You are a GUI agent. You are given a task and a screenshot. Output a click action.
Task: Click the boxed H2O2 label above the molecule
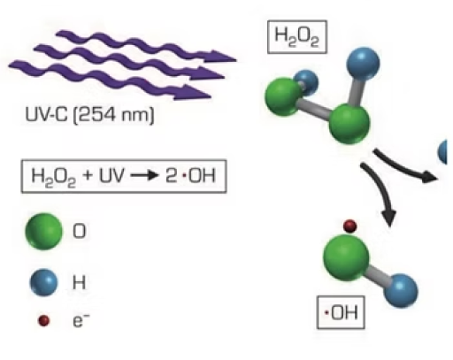297,37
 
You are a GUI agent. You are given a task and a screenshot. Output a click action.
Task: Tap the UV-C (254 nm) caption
89,115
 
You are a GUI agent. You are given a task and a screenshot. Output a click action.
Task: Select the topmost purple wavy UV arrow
146,46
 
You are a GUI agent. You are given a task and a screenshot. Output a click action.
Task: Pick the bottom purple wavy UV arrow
110,79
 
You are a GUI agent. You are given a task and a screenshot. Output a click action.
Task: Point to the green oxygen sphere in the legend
43,232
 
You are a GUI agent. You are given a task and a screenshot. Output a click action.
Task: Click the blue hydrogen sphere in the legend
43,282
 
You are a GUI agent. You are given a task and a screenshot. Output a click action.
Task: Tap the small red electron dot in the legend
44,320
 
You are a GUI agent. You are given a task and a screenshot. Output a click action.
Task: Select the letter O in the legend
79,231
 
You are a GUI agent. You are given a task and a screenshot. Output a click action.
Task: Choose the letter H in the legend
79,282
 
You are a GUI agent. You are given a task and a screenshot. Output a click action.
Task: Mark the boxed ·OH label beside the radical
341,312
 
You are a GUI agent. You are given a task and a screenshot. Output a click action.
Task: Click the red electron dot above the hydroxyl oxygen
350,226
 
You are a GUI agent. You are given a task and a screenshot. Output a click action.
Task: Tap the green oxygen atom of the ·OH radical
346,258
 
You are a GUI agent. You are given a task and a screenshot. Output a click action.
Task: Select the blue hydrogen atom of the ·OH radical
401,291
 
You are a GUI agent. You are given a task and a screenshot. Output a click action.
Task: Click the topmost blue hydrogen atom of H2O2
363,64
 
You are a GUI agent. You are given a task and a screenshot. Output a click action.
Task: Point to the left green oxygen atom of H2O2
283,96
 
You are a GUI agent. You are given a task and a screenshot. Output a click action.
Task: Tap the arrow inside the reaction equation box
143,176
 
